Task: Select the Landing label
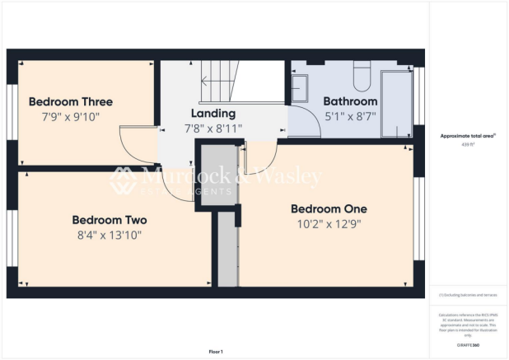(212, 113)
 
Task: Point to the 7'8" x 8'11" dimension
(212, 128)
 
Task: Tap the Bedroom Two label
(110, 220)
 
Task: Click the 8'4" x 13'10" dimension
(110, 236)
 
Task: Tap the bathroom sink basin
(300, 85)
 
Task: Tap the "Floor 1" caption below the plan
(217, 352)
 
